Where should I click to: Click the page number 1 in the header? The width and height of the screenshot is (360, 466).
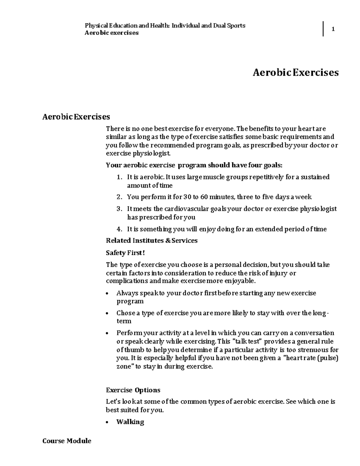[333, 29]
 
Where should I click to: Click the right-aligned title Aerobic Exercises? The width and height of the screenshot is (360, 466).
[295, 72]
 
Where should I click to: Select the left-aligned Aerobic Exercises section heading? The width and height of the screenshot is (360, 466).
[76, 116]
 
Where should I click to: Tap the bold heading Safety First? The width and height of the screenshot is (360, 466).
[125, 253]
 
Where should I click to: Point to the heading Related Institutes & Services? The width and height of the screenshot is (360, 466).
[152, 240]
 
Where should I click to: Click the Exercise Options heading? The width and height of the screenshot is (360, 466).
[133, 390]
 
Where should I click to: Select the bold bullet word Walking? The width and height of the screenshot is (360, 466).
[130, 422]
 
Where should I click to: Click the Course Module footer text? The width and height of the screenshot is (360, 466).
[67, 441]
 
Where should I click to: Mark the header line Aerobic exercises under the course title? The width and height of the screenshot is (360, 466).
[112, 33]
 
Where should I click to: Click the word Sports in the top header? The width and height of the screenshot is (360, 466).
[236, 26]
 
